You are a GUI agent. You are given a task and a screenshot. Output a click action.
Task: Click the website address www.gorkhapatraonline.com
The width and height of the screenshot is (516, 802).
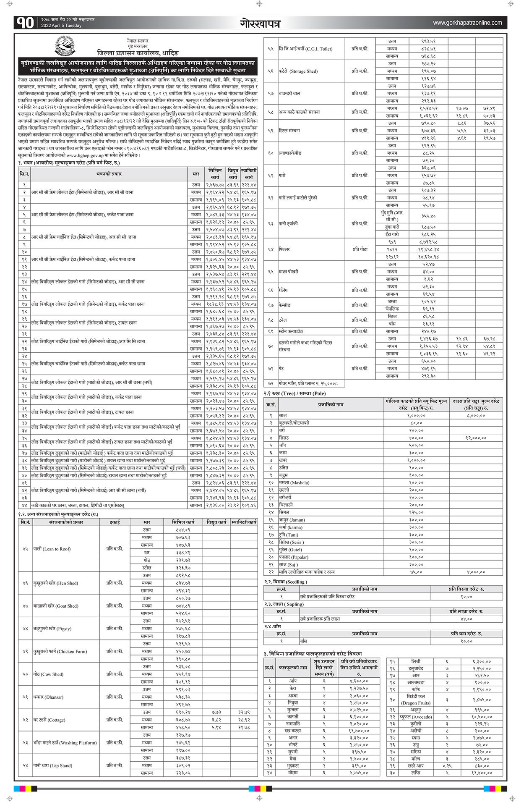(467, 23)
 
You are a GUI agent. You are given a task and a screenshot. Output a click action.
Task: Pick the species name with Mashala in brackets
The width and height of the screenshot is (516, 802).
(294, 482)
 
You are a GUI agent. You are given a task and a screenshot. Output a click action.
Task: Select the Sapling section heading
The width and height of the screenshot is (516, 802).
(284, 604)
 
